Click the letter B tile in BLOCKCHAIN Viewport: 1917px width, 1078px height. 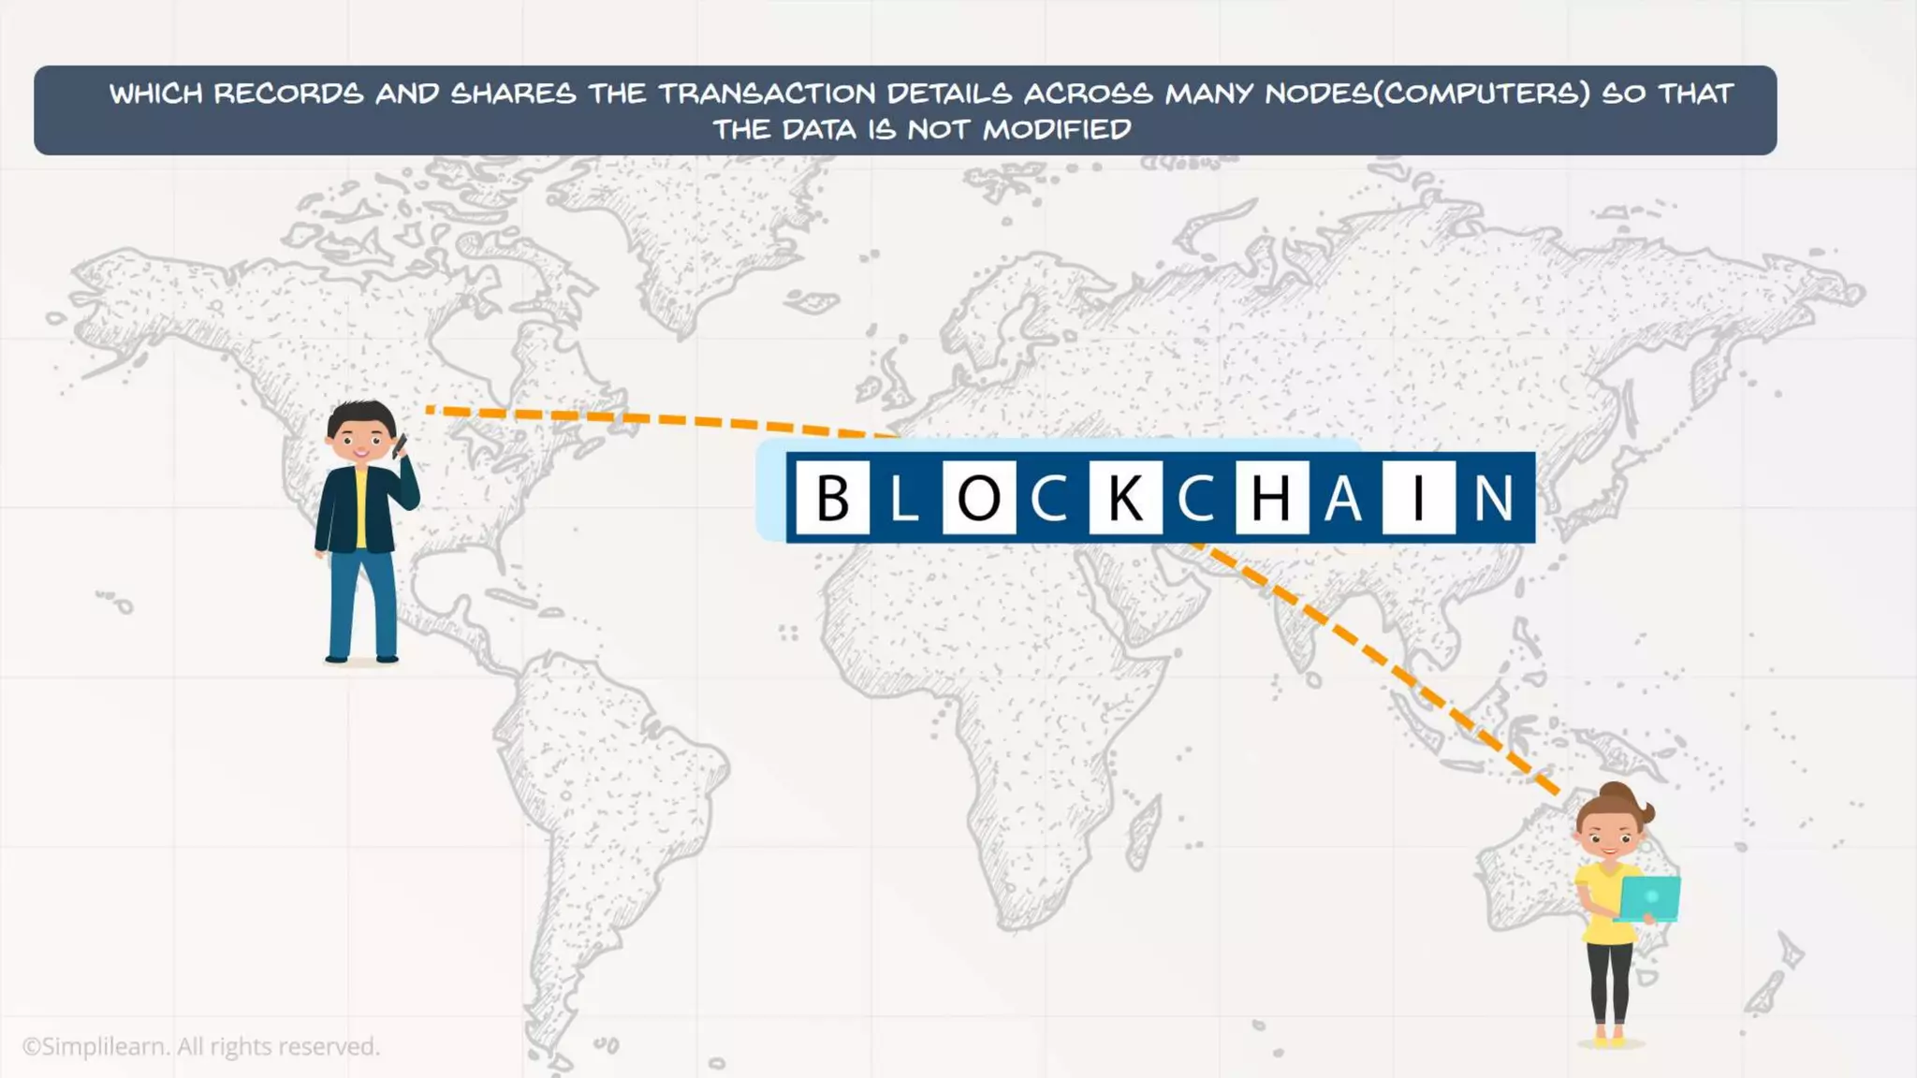[x=832, y=497]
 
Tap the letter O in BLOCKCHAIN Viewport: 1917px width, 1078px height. [x=978, y=497]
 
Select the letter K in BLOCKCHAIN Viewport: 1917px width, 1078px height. [x=1125, y=497]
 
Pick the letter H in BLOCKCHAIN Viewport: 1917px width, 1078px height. [x=1271, y=497]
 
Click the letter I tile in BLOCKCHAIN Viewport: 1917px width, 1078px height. [x=1418, y=497]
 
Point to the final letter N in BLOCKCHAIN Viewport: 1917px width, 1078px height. [x=1493, y=497]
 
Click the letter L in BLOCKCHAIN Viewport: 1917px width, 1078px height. [x=904, y=497]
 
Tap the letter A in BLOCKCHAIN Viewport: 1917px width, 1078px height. [x=1343, y=497]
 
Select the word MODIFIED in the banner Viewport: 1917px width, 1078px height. [x=1057, y=129]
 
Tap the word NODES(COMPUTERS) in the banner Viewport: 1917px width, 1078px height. [x=1427, y=94]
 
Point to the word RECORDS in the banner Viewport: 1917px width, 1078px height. [x=288, y=94]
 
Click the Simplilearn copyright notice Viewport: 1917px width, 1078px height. [x=201, y=1046]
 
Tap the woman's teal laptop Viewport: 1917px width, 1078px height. [x=1649, y=898]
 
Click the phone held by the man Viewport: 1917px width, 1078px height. [x=400, y=445]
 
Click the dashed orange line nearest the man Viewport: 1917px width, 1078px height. [x=655, y=419]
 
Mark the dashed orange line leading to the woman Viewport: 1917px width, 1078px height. [x=1376, y=655]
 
